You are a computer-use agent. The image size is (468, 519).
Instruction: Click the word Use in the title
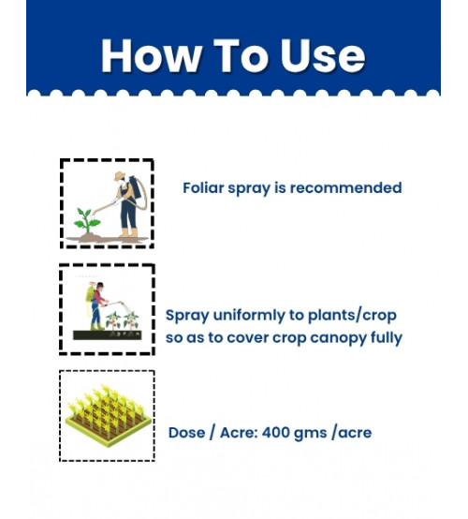323,55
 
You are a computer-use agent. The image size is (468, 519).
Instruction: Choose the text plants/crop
352,316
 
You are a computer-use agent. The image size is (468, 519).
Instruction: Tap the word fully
387,338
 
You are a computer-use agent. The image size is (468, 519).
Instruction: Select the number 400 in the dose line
275,433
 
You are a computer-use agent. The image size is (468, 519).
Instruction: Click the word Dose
186,433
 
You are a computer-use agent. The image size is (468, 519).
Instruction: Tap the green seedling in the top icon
87,220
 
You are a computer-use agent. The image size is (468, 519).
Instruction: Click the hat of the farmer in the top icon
120,175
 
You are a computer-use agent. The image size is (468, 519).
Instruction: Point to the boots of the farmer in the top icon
128,232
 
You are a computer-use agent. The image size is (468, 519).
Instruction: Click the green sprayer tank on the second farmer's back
89,294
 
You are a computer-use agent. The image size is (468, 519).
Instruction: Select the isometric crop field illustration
109,417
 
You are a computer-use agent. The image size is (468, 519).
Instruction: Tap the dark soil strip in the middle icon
108,335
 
